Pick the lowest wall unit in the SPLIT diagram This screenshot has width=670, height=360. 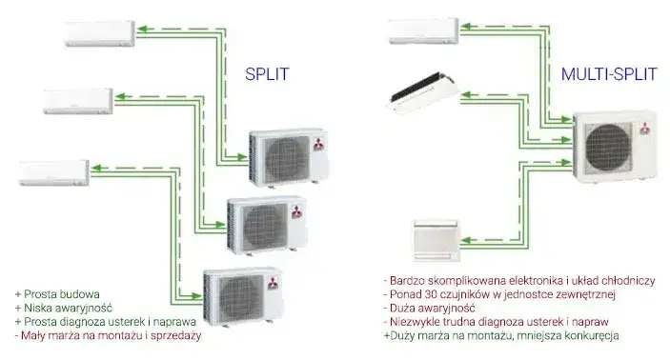point(55,171)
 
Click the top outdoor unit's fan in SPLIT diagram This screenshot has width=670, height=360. point(275,153)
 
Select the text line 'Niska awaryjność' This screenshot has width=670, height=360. point(63,308)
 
